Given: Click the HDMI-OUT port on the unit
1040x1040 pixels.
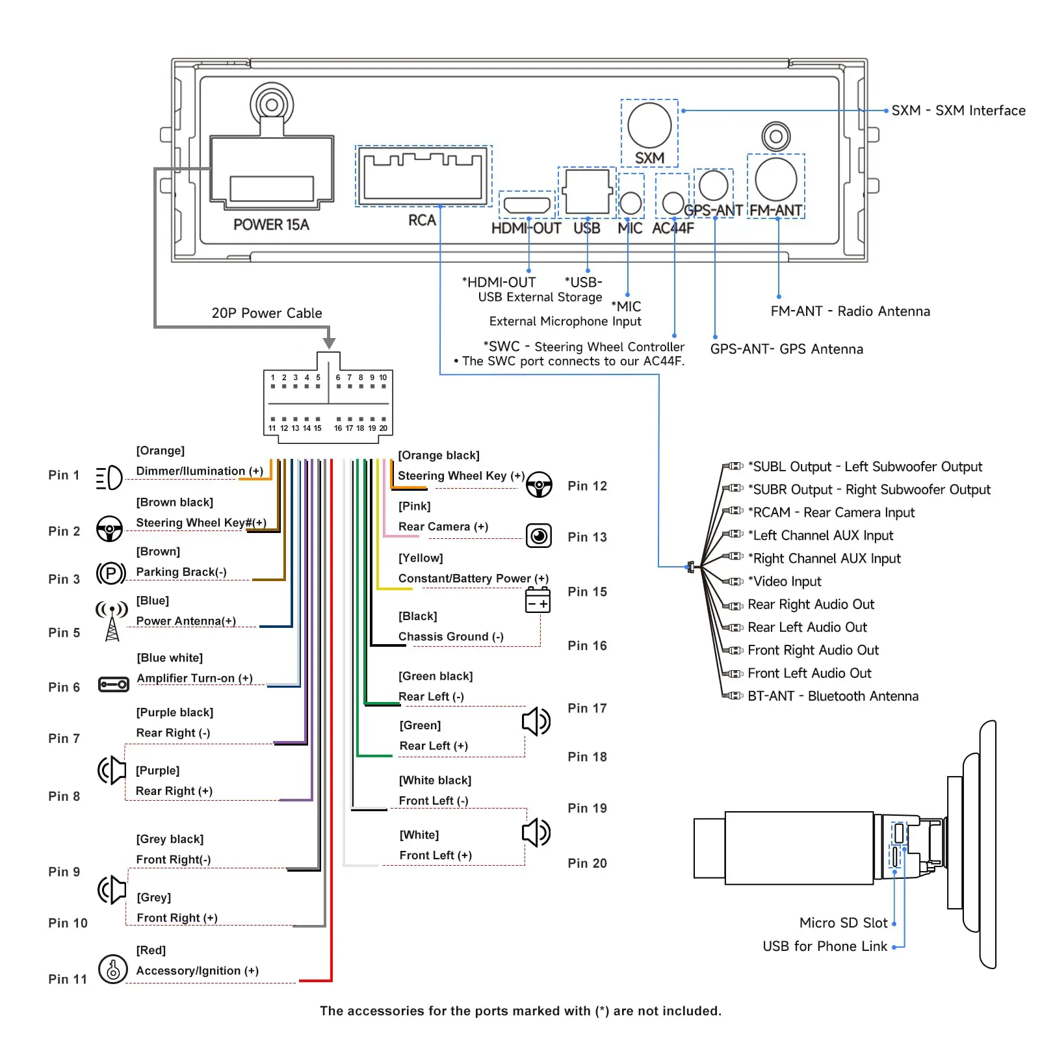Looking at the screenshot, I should tap(527, 205).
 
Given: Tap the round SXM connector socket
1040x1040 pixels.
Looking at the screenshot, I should tap(649, 125).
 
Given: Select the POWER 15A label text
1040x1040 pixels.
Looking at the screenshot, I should tap(271, 225).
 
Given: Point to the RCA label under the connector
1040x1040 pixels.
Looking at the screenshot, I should tap(422, 220).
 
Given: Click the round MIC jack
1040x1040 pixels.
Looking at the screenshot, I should tap(630, 203).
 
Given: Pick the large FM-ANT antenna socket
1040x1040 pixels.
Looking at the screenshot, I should tap(775, 179).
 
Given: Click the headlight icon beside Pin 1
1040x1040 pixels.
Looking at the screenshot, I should tap(109, 478).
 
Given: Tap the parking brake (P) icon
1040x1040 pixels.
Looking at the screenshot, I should tap(110, 573).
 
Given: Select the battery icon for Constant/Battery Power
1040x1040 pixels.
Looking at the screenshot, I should tap(538, 600).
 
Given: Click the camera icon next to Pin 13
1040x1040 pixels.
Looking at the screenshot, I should tap(539, 536).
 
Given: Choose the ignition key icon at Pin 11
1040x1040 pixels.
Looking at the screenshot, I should tap(112, 969).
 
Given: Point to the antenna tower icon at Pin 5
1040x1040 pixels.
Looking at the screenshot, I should tap(112, 621).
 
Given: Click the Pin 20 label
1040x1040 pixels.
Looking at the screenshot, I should tap(587, 863).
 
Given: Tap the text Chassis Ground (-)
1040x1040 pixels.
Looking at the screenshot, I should tap(450, 636).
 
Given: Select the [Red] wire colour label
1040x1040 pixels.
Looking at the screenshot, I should tap(151, 950).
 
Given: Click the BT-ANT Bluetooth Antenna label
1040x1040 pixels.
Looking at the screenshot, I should tap(833, 696).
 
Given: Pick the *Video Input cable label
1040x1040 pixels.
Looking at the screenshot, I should tap(785, 581).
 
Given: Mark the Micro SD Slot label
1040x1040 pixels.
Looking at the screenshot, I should tap(843, 923).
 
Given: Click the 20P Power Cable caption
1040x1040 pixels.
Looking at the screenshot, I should tap(266, 313).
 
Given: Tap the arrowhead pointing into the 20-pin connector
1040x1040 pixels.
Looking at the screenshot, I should tap(330, 343).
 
